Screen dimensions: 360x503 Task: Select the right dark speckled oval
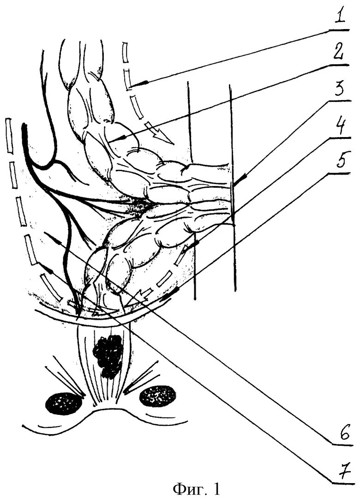(158, 395)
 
